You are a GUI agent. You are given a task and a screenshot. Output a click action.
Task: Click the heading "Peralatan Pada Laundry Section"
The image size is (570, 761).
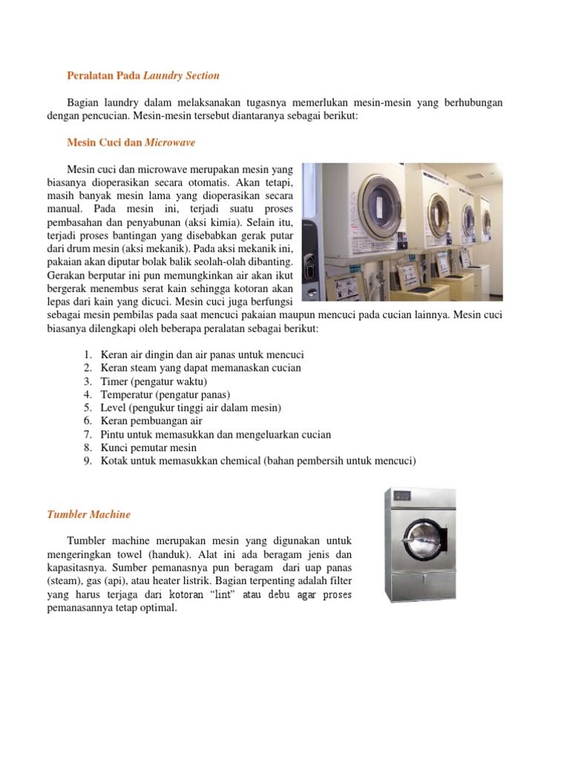click(143, 75)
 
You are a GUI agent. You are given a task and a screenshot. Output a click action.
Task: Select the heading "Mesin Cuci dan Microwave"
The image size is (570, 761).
click(131, 142)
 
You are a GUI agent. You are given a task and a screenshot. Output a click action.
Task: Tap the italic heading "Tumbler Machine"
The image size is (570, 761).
click(88, 514)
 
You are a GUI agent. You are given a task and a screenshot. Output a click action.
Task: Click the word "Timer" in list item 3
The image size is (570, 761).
click(115, 381)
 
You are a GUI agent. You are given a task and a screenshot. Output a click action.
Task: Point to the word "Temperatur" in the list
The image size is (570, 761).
click(127, 395)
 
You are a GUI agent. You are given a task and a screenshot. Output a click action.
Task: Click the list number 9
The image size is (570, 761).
click(87, 462)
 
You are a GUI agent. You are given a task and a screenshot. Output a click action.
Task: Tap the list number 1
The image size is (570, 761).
click(87, 354)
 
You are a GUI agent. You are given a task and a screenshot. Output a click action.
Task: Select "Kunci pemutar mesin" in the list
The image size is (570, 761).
click(149, 448)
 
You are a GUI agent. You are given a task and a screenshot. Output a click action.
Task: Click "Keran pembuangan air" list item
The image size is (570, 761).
click(151, 421)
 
